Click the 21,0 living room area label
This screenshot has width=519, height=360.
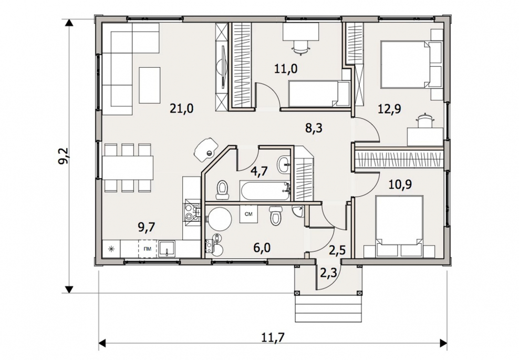coord(181,108)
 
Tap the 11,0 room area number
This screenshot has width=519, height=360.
coord(286,68)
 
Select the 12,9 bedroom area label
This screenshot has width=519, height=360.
coord(389,108)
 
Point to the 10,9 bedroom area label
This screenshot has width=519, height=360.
coord(400,184)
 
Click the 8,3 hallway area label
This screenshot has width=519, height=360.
coord(314,128)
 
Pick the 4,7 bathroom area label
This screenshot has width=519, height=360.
coord(259,171)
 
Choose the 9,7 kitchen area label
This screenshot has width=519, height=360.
coord(147,228)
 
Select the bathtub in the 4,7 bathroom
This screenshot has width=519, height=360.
coord(266,191)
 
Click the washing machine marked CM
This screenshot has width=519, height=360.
coord(248,214)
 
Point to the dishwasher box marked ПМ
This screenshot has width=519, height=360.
coord(147,249)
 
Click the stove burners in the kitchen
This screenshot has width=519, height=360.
coord(192,212)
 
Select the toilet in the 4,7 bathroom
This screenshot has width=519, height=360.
coord(222,190)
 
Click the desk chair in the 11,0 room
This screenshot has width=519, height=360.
coord(301,47)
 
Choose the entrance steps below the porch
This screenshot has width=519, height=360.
coord(328,308)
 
